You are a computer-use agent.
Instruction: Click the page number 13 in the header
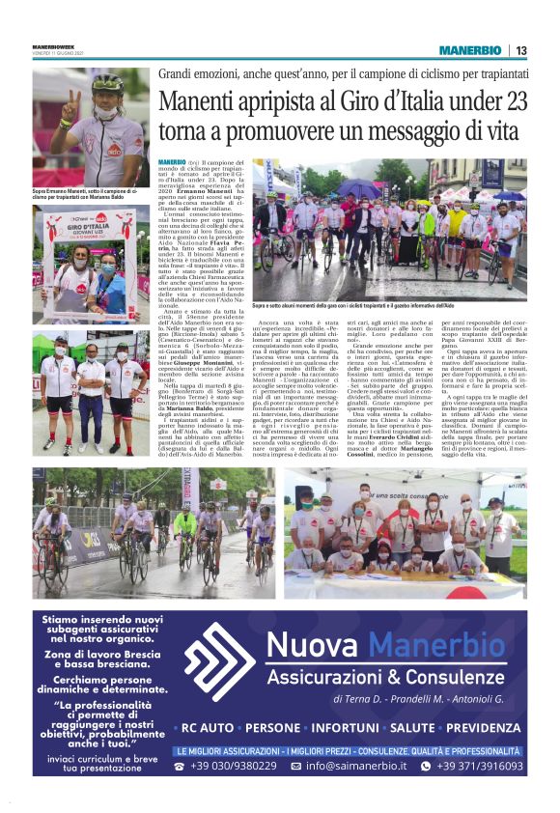[520, 50]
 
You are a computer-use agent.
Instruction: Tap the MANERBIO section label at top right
[470, 50]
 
